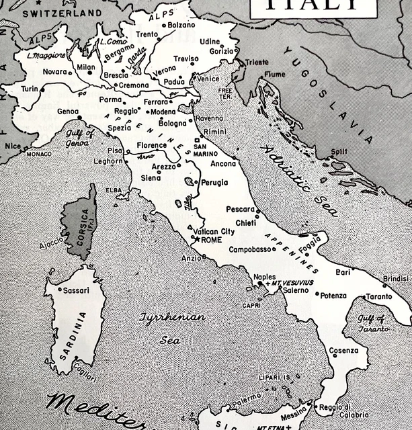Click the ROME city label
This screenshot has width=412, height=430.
[211, 240]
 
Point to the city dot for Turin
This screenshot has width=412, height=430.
[42, 88]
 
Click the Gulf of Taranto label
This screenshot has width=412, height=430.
[372, 323]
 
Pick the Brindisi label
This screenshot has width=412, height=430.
[395, 278]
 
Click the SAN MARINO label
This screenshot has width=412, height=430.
[202, 150]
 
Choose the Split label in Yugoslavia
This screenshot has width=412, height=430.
[339, 151]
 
